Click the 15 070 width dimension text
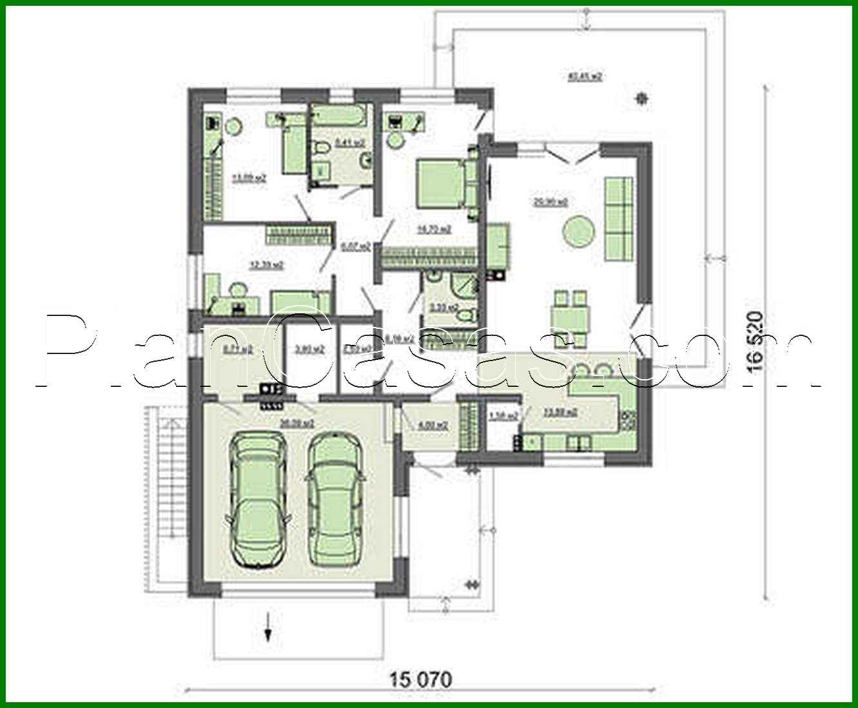[420, 679]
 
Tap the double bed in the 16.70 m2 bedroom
[440, 184]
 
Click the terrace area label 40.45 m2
[585, 77]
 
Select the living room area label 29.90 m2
[551, 202]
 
